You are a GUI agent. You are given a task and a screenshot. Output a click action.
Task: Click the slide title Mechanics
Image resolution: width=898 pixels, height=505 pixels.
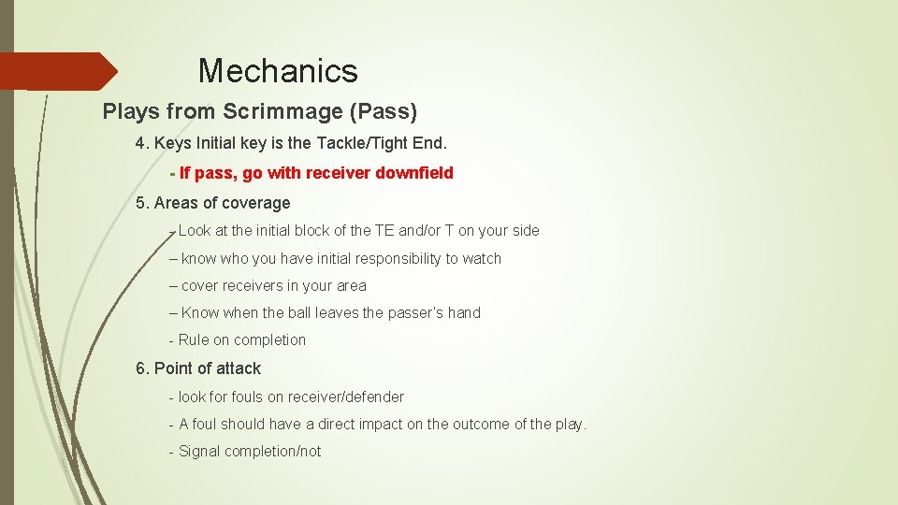point(278,71)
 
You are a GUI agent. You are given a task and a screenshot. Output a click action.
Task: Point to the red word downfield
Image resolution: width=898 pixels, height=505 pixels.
point(416,173)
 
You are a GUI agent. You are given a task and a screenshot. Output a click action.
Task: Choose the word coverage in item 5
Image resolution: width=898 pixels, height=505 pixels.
point(255,203)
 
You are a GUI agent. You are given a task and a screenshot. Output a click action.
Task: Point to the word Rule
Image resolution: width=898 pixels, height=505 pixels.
point(194,339)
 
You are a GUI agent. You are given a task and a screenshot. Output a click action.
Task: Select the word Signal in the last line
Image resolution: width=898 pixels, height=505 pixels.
point(199,451)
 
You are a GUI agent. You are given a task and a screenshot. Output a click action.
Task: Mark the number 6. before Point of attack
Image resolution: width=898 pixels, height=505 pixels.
point(142,368)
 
